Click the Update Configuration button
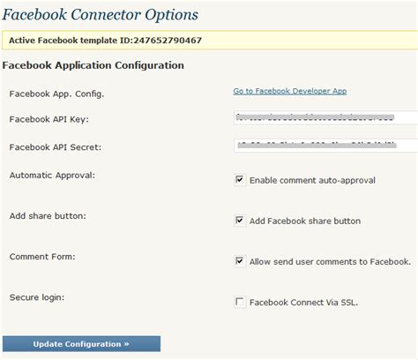coord(81,343)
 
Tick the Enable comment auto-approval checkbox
coord(240,180)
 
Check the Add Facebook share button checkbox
coord(240,221)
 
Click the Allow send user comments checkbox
coord(240,261)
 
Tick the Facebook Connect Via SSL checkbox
coord(240,302)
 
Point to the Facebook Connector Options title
coord(100,15)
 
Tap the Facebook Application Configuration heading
coord(93,65)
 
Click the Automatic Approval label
coord(52,175)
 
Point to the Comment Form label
coord(42,256)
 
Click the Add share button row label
coord(49,215)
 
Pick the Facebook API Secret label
coord(54,146)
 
